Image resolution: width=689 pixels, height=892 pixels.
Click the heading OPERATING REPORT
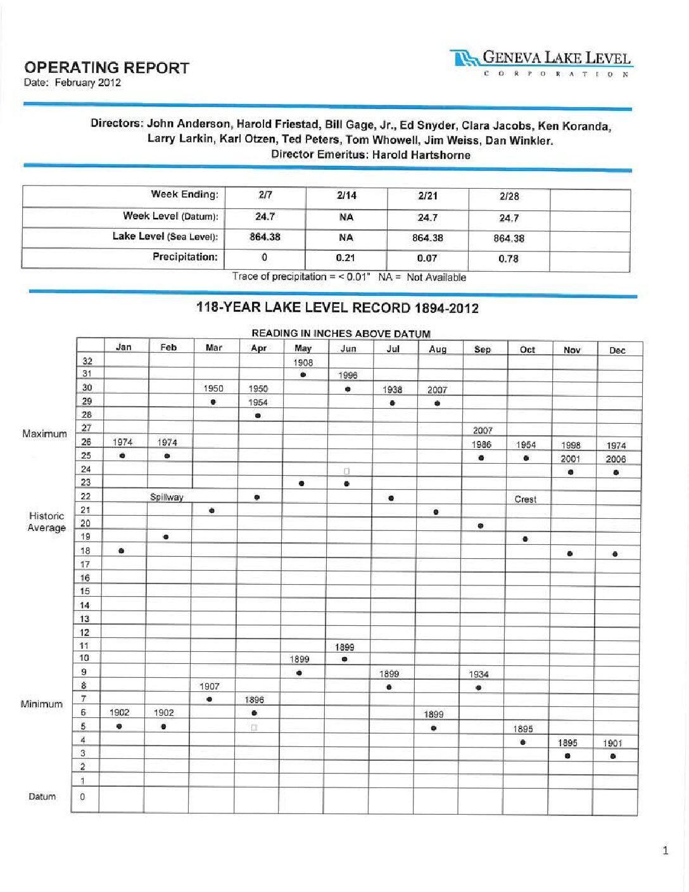[x=106, y=68]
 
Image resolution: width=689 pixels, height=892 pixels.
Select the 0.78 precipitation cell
[x=509, y=258]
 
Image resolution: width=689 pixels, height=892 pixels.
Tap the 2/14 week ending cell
[x=346, y=196]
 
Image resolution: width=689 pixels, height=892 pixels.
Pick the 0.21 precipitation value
[x=346, y=258]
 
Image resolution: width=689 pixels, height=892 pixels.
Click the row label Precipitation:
[x=185, y=257]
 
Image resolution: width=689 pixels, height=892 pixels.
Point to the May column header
[x=303, y=348]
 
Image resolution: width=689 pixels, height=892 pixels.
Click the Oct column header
[x=527, y=350]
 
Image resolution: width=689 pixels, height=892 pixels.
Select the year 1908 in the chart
[x=303, y=363]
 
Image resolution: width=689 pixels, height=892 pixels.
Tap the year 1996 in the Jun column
[x=348, y=375]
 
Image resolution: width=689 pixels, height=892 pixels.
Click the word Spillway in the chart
[x=167, y=497]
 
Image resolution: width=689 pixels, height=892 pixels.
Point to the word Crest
[x=525, y=499]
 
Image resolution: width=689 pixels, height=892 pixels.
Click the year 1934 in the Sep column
[x=479, y=674]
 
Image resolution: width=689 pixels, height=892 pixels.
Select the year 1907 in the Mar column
[x=209, y=686]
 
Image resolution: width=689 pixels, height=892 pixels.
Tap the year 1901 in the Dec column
[x=612, y=743]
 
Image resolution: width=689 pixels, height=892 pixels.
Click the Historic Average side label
[x=46, y=522]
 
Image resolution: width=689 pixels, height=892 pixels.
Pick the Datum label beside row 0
[x=42, y=796]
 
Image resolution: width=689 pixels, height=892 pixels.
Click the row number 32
[x=87, y=361]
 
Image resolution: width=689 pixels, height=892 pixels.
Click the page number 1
[x=665, y=850]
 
